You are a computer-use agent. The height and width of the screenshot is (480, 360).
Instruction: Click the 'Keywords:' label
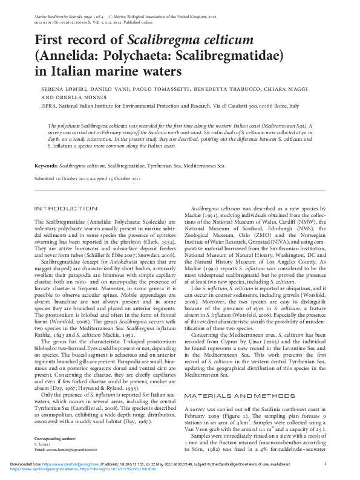coord(46,165)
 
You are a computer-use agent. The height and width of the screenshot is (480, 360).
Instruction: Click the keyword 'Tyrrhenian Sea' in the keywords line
coord(163,165)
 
